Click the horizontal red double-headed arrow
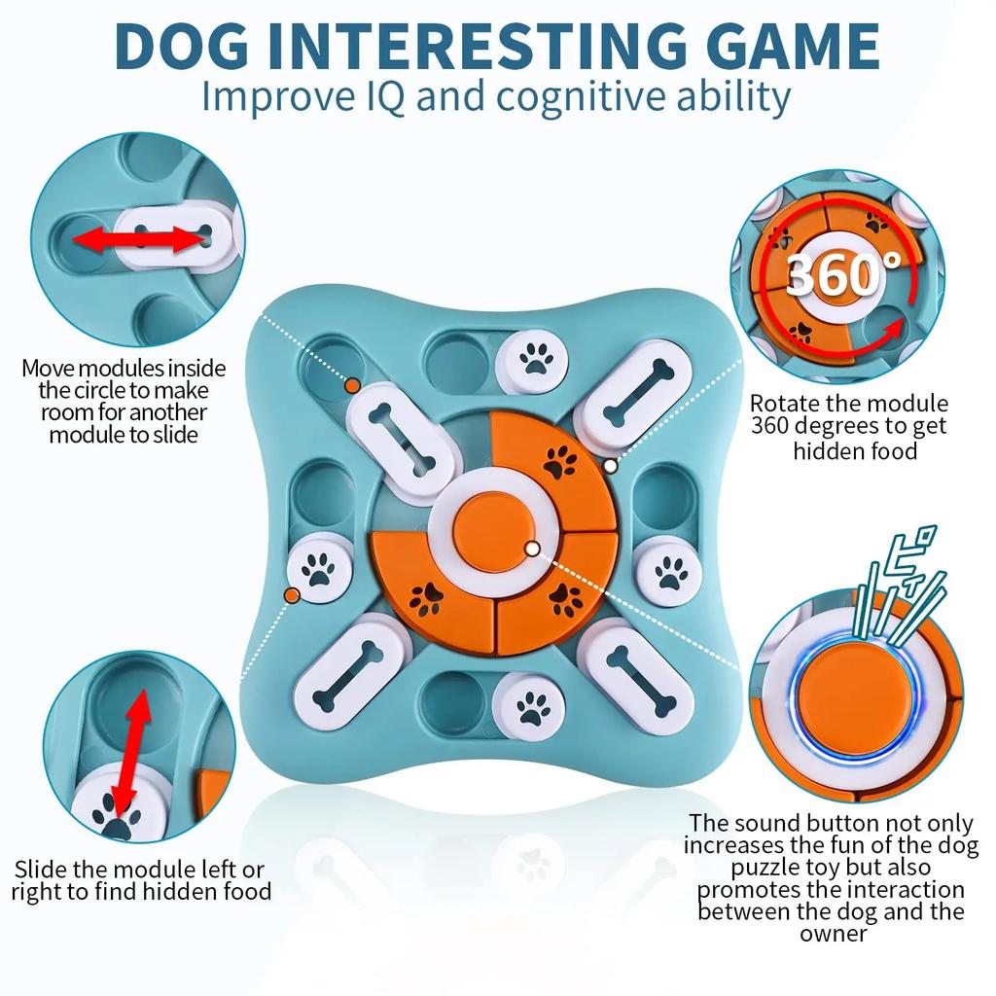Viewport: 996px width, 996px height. click(138, 239)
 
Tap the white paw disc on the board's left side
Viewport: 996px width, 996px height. click(318, 572)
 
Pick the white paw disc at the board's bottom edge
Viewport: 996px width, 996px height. click(532, 708)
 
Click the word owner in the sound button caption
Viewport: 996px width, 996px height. click(834, 933)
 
